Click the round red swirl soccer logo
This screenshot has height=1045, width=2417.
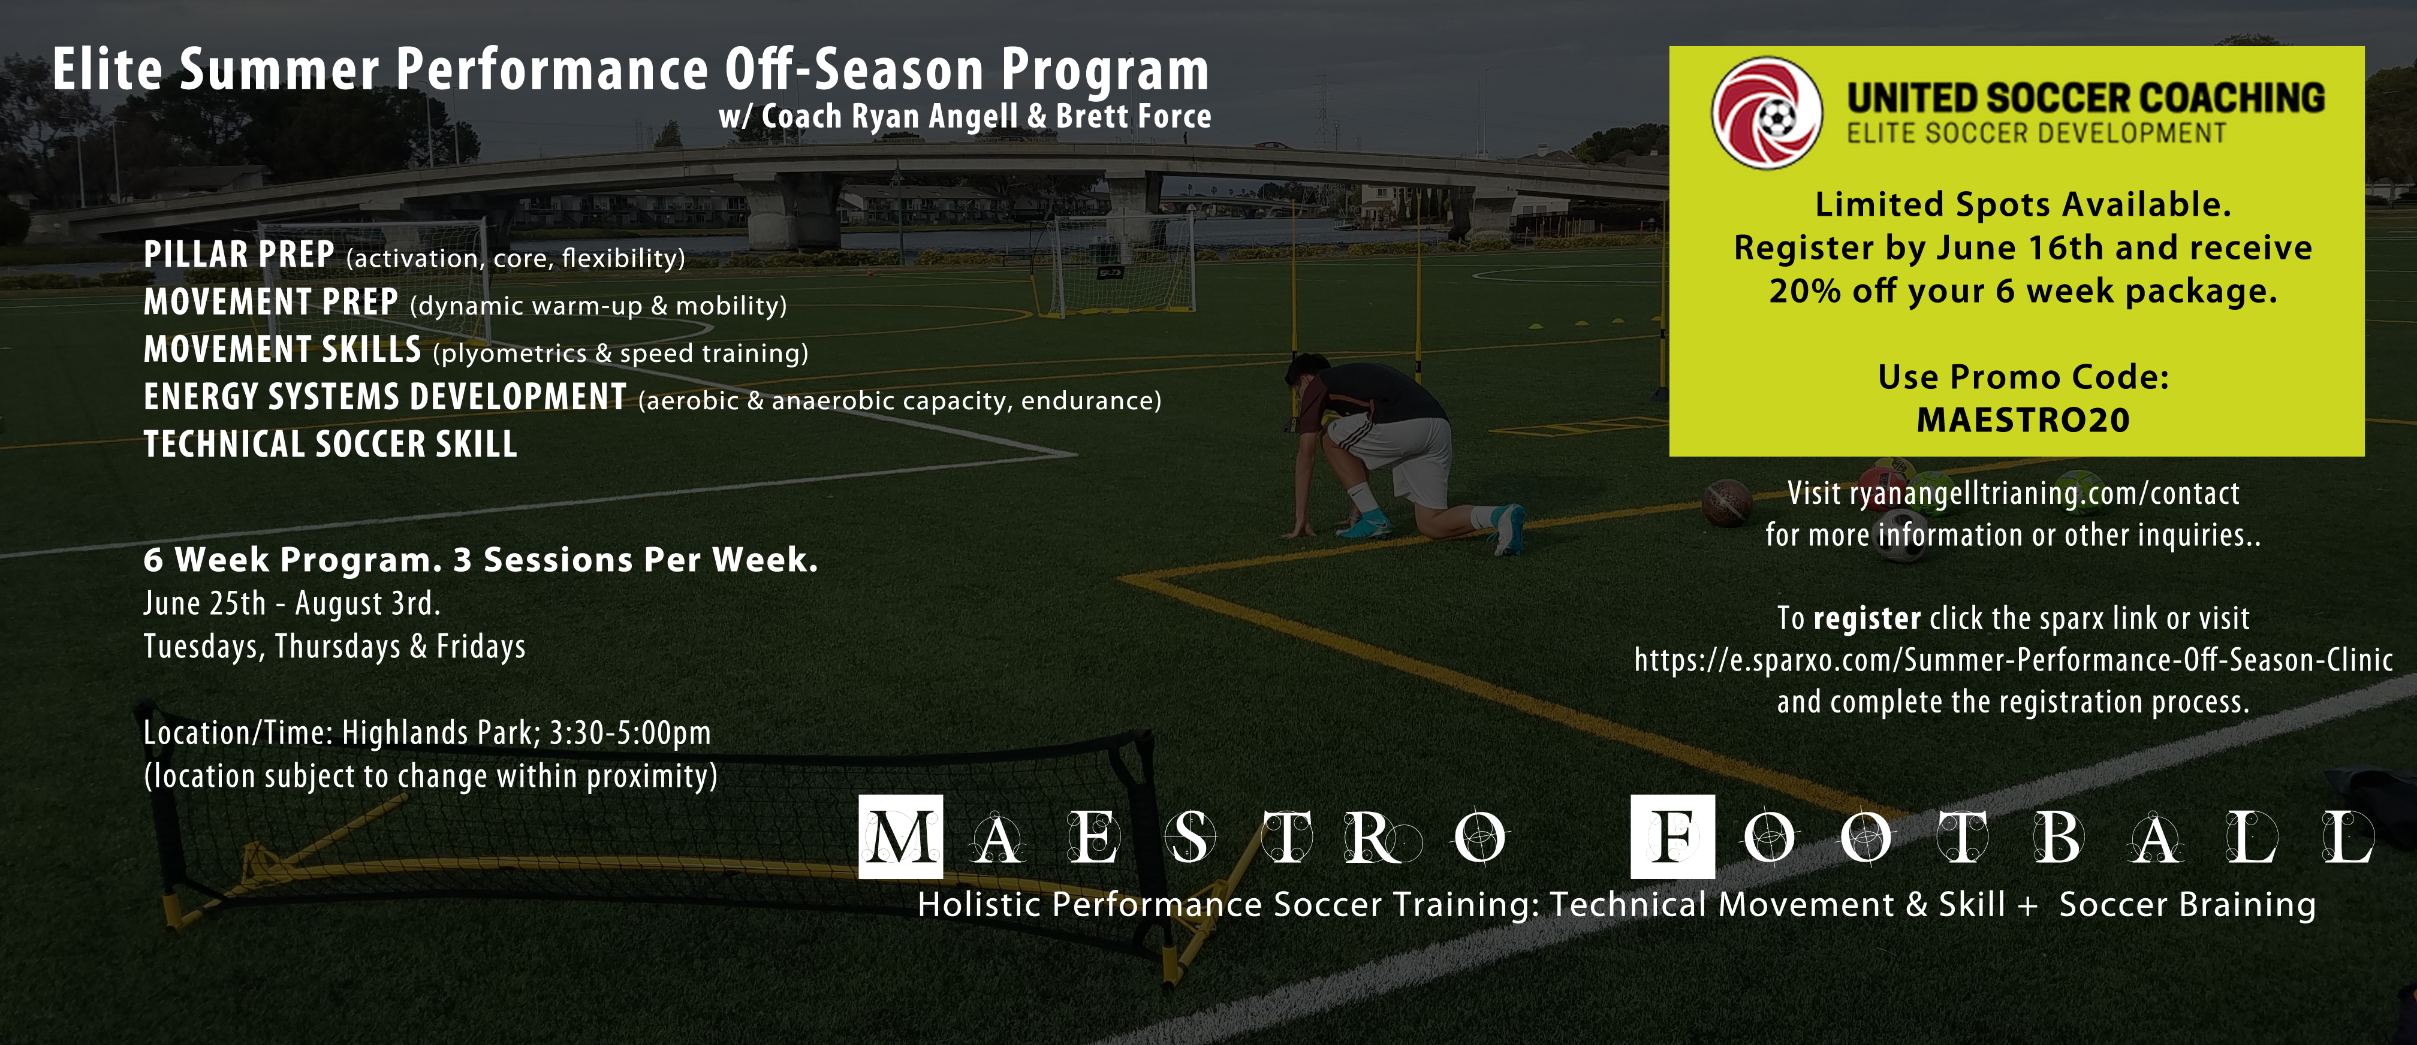pos(1767,113)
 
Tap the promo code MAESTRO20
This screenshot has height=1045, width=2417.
pos(2023,420)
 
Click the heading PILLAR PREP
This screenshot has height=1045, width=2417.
pos(239,254)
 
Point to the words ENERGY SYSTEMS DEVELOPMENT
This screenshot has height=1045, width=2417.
pos(385,396)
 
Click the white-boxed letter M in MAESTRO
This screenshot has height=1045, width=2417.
pos(901,836)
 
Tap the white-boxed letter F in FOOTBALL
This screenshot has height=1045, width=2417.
pos(1673,836)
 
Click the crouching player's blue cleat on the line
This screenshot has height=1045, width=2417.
pos(1507,528)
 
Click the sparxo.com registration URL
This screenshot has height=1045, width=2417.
pos(2014,660)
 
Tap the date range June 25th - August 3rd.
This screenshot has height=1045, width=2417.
pos(292,603)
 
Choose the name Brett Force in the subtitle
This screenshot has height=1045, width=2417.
pos(1134,116)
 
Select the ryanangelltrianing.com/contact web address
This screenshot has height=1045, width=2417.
pos(2045,493)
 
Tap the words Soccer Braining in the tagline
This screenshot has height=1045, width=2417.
pos(2187,904)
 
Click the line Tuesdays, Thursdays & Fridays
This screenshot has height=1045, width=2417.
pos(334,647)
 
